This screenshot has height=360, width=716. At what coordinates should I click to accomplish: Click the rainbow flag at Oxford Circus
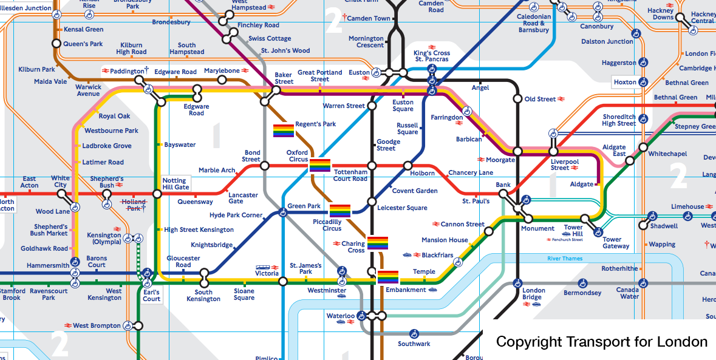pos(320,165)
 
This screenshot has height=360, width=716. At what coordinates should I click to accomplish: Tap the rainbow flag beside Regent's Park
pos(284,131)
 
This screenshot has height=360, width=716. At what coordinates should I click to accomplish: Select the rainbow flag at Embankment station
pos(388,277)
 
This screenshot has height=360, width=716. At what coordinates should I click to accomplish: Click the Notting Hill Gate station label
pos(175,184)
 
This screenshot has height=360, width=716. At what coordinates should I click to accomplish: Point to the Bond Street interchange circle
pos(265,166)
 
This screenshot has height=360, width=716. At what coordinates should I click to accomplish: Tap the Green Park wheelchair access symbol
pos(283,212)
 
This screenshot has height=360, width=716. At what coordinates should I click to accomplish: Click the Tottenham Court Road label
pos(350,175)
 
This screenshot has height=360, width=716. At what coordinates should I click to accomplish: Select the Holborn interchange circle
pos(407,166)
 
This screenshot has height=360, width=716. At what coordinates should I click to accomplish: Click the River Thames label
pos(565,259)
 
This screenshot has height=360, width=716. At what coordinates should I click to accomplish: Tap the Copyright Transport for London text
pos(601,342)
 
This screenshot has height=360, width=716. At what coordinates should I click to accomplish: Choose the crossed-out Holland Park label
pos(134,205)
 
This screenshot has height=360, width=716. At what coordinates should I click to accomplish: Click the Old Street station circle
pos(517,99)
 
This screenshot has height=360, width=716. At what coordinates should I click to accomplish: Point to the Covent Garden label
pos(415,191)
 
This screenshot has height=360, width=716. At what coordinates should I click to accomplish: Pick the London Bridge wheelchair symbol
pos(517,283)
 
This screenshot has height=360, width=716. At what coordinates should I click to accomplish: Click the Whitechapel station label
pos(667,154)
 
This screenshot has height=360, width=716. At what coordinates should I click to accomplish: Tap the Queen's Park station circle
pos(56,44)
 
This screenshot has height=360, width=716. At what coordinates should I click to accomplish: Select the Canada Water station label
pos(628,293)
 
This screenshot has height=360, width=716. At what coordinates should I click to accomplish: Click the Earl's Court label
pos(152,295)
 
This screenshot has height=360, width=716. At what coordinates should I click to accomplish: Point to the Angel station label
pos(480,88)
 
